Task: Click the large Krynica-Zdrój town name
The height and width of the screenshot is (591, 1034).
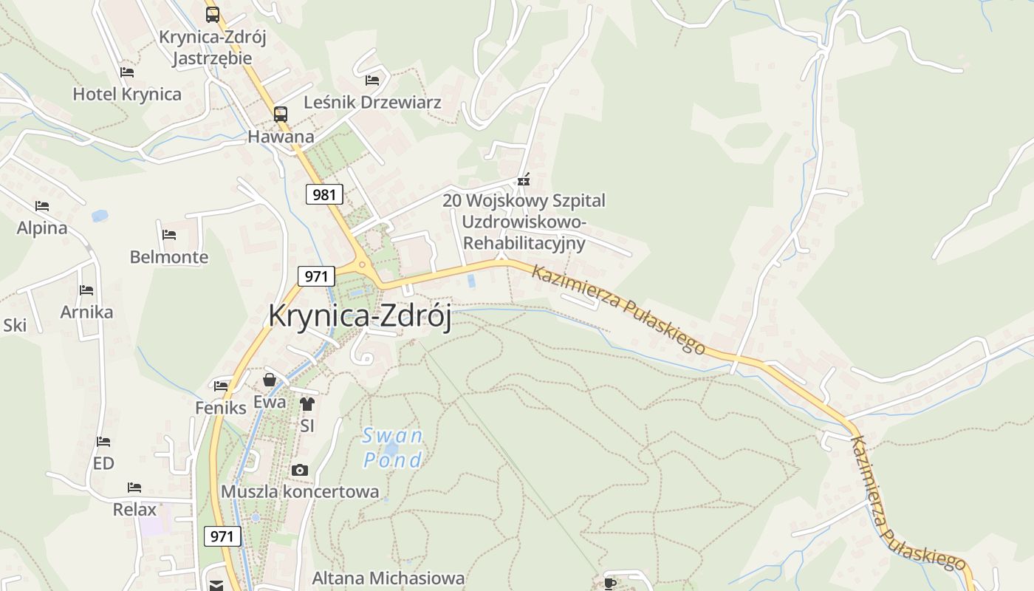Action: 360,315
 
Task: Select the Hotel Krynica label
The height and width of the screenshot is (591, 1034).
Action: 127,94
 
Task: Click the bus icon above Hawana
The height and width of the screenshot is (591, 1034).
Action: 281,115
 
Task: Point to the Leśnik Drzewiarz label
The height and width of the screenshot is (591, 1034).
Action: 372,102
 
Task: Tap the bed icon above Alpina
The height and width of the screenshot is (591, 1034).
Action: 42,206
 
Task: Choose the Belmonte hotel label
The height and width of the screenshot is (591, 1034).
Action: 169,257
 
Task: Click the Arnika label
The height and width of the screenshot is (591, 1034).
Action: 86,312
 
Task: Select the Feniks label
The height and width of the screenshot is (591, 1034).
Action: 220,407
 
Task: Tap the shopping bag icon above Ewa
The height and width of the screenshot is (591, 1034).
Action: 270,380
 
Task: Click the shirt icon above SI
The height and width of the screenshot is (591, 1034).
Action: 307,404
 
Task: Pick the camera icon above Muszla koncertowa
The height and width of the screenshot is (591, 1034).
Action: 299,470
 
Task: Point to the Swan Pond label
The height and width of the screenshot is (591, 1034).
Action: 393,448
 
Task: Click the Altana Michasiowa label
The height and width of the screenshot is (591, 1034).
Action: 388,578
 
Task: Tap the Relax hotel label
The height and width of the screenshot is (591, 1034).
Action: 134,509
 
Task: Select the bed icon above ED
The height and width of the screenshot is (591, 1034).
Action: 103,442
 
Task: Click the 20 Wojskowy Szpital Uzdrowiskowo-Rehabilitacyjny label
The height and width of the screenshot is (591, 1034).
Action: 524,222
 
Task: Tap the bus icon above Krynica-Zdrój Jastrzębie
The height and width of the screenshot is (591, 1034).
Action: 213,14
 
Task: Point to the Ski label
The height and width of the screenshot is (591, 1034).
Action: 15,325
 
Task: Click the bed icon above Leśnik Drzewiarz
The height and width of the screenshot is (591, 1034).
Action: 372,80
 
